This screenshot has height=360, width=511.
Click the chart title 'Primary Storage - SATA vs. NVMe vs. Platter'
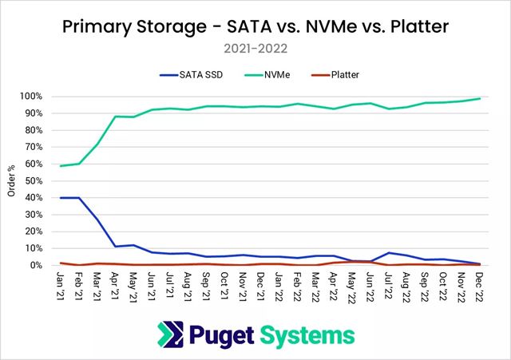(x=255, y=26)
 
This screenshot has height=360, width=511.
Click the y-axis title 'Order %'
(x=12, y=180)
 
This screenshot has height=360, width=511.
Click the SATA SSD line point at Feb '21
(x=78, y=198)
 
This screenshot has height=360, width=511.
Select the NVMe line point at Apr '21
(x=116, y=117)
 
